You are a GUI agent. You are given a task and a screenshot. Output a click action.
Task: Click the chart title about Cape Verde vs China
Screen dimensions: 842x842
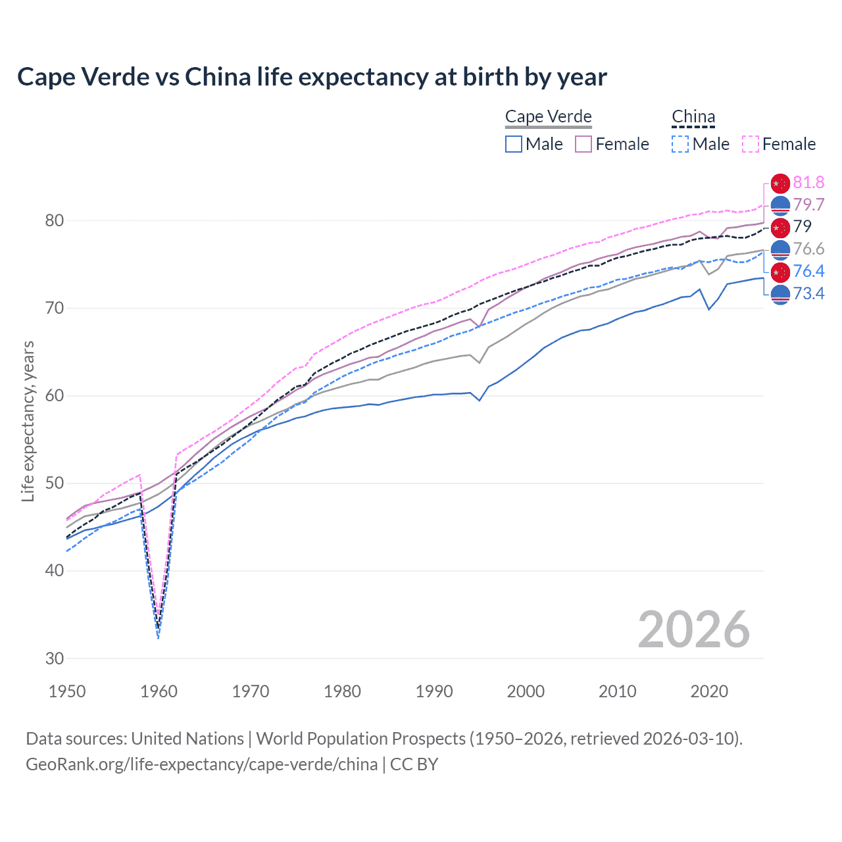click(312, 77)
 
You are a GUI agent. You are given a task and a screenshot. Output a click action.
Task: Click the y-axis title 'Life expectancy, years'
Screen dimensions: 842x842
click(28, 421)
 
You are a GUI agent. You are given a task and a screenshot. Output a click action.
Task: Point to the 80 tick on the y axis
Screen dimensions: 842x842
click(55, 220)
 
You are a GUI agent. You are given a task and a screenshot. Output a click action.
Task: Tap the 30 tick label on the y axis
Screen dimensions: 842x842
click(55, 658)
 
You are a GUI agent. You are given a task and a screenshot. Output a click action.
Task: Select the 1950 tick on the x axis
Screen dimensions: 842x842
click(67, 691)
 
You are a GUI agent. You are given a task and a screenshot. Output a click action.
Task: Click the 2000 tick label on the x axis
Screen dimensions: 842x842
click(526, 691)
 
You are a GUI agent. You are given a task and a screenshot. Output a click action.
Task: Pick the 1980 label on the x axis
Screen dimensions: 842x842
click(342, 691)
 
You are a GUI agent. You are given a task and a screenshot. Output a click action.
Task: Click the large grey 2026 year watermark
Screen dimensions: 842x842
click(694, 630)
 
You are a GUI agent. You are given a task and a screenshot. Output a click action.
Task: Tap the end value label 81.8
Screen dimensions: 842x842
click(808, 182)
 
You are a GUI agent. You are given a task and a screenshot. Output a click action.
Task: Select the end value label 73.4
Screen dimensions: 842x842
click(808, 293)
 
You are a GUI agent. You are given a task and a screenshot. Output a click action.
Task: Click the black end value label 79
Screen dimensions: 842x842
click(803, 226)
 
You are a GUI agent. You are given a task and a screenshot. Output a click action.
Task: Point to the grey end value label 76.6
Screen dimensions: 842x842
click(808, 249)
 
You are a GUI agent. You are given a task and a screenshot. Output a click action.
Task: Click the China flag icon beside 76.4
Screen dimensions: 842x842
click(780, 271)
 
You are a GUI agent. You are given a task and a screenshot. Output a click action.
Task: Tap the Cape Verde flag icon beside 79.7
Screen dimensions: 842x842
click(780, 205)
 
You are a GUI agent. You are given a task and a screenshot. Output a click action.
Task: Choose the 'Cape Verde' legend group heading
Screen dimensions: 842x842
click(548, 116)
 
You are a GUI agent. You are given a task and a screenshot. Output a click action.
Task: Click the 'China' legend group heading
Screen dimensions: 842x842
click(693, 116)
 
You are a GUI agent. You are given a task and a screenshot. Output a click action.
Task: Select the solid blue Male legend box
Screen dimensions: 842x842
click(514, 144)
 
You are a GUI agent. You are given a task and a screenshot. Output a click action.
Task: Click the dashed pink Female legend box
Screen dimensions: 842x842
click(751, 144)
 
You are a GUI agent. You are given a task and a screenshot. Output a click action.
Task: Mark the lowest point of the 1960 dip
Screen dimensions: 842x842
click(159, 637)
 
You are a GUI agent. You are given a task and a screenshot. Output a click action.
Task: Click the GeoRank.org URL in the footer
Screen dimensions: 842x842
click(201, 764)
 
